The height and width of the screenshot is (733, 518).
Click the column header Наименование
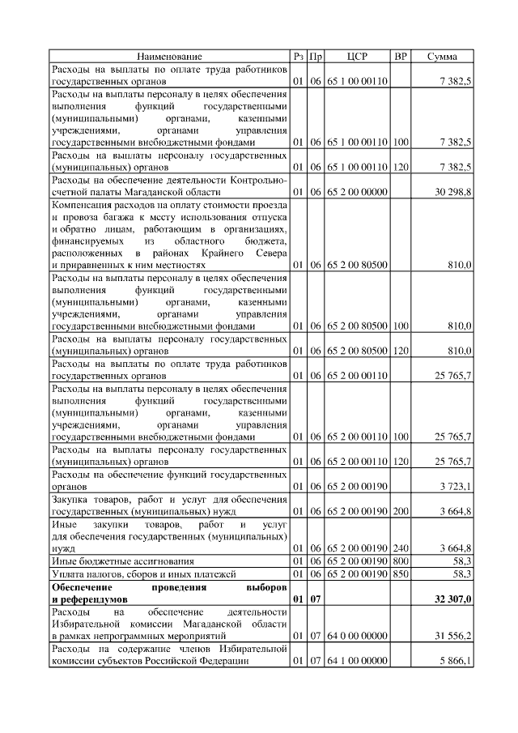pos(169,57)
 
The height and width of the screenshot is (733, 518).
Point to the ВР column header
pos(400,57)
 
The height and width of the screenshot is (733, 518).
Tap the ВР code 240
pos(400,548)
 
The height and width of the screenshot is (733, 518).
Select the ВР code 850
pos(400,573)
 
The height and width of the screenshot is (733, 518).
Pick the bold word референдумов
pos(87,599)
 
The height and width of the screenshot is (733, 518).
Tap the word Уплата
pos(68,573)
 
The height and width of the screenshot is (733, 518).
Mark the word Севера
pos(270,253)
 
